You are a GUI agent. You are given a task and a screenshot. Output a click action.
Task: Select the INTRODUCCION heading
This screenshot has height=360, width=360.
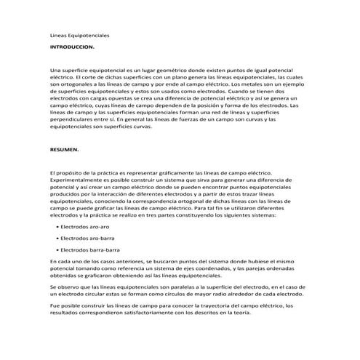[x=72, y=46]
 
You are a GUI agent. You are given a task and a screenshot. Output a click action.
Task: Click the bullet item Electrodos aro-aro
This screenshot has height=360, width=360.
[x=85, y=227]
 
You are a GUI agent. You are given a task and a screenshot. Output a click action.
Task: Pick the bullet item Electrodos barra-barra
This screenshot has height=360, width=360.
[x=89, y=249]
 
